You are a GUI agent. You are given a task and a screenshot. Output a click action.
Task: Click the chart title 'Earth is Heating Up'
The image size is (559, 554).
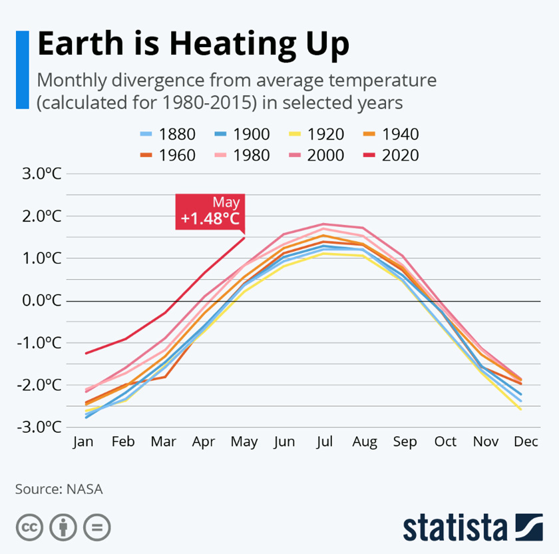pos(193,44)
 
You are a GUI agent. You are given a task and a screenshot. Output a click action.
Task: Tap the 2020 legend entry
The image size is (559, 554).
pos(392,155)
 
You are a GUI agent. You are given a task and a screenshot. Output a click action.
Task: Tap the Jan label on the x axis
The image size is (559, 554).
pos(84,441)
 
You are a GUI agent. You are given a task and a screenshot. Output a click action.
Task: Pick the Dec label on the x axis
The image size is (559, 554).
pos(526,441)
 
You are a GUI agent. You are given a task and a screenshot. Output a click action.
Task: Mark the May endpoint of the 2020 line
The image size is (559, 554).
pos(245,237)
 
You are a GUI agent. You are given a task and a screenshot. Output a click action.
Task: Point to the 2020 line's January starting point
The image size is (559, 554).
pos(85,353)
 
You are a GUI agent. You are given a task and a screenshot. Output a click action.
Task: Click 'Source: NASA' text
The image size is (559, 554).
pos(59,489)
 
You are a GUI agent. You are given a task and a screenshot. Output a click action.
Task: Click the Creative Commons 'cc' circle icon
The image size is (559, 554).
pos(29,528)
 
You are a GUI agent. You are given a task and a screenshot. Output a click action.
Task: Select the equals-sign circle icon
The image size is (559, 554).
pos(97,528)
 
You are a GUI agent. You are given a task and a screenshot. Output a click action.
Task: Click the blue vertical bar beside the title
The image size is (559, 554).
pos(22,69)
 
